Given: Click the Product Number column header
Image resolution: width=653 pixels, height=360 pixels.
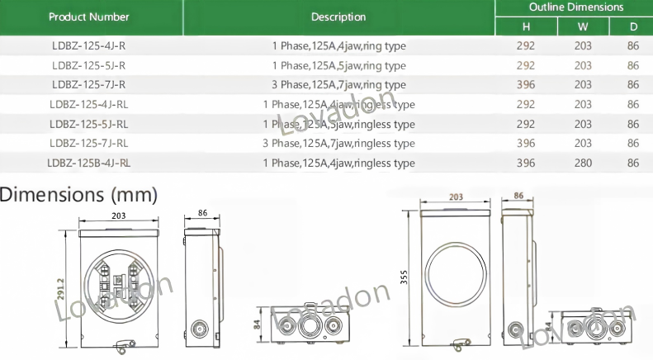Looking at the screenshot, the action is pos(88,17).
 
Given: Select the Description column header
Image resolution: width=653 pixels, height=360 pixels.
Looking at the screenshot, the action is pos(338,17).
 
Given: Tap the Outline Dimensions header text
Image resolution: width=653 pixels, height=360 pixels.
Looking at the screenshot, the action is pos(576,7).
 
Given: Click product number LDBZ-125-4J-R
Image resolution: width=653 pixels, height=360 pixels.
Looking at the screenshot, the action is pos(88,46).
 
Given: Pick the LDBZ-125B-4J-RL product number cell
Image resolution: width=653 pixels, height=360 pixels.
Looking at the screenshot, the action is pos(88,163).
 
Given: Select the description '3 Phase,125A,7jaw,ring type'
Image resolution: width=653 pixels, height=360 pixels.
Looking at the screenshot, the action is pos(338,85).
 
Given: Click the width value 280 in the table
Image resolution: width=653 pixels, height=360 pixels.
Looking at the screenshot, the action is pos(583,163).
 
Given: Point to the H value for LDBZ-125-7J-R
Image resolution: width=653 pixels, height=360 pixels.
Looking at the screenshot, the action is pos(526,85).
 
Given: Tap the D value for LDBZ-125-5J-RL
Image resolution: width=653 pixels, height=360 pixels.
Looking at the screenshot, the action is pos(633,124).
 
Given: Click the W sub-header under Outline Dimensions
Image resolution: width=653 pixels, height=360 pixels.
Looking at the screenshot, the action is pos(583,27).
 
